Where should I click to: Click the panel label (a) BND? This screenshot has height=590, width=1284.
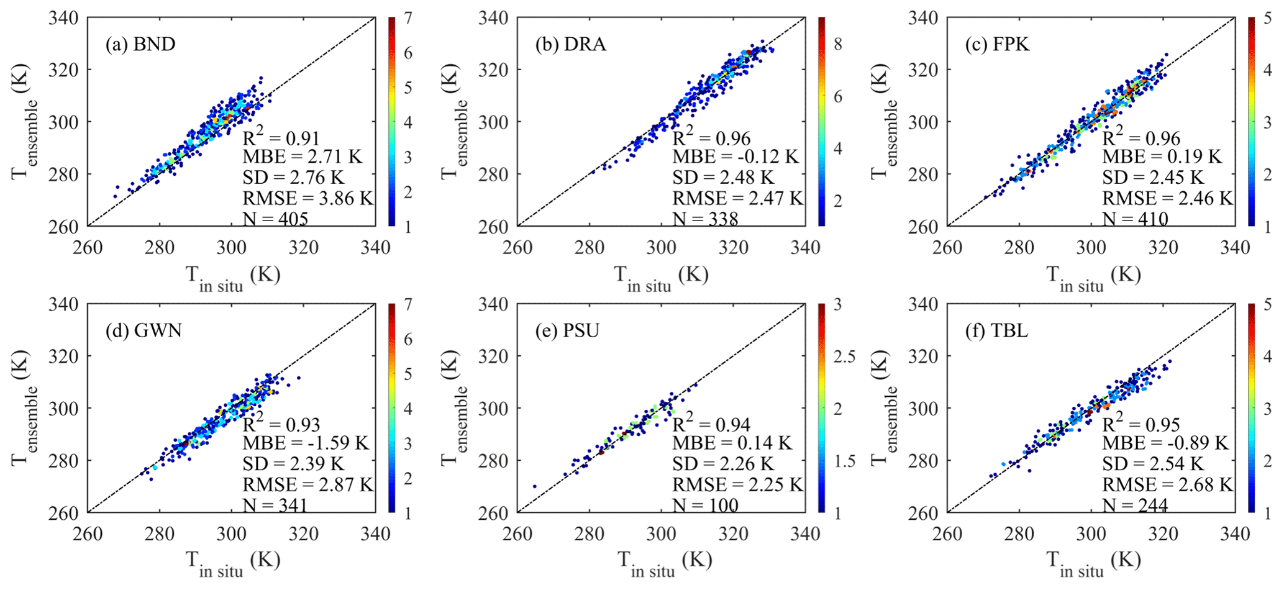click(x=140, y=45)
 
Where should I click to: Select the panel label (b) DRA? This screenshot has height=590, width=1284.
click(x=570, y=45)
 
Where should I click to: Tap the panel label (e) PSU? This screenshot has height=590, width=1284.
click(x=567, y=331)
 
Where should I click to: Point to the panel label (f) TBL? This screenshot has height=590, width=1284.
click(x=996, y=331)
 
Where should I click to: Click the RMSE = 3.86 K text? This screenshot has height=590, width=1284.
click(x=307, y=198)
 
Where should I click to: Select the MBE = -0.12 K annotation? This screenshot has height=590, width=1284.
click(x=735, y=157)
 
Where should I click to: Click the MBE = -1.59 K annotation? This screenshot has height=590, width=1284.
click(x=306, y=443)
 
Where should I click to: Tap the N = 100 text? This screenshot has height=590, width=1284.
click(x=706, y=505)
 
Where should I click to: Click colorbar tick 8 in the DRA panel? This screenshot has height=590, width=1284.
click(x=837, y=44)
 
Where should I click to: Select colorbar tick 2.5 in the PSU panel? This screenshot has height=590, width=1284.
click(x=844, y=356)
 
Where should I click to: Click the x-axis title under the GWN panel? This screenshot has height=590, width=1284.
click(x=233, y=562)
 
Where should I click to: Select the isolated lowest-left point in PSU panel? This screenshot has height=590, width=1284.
click(x=534, y=486)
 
